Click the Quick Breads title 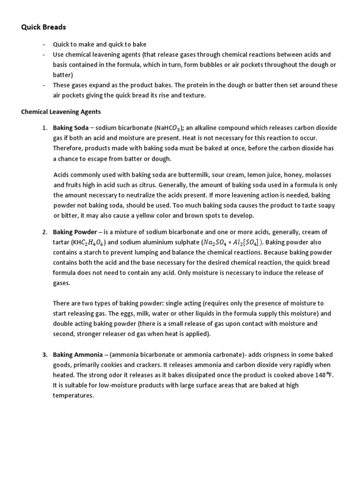coord(44,27)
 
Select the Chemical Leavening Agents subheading coord(61,112)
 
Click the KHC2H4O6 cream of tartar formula coord(85,242)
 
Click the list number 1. coord(45,127)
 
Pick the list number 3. coord(45,354)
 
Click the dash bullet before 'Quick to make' coord(44,45)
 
